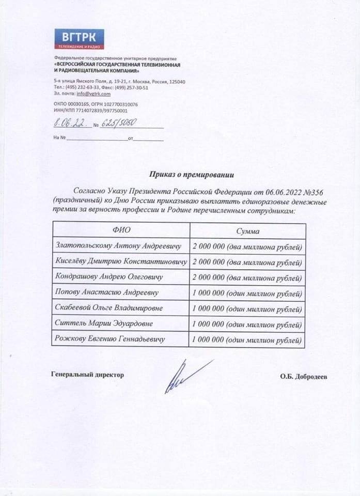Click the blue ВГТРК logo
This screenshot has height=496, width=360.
pyautogui.click(x=79, y=39)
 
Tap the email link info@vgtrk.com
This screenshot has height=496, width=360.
pyautogui.click(x=93, y=94)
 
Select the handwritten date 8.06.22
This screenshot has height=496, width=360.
pyautogui.click(x=70, y=124)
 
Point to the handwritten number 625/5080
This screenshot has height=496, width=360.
pyautogui.click(x=119, y=125)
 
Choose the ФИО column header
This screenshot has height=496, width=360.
pyautogui.click(x=121, y=231)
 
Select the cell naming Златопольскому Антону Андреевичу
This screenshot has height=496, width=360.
pyautogui.click(x=118, y=246)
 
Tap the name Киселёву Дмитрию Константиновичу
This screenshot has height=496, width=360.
pyautogui.click(x=121, y=261)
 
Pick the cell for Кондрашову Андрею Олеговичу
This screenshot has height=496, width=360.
pyautogui.click(x=108, y=277)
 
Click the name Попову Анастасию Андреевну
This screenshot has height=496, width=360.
pyautogui.click(x=106, y=292)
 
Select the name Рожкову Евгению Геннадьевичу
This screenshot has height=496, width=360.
pyautogui.click(x=109, y=339)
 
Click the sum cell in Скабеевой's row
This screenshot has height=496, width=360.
pyautogui.click(x=246, y=308)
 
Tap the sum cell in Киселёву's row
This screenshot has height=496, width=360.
pyautogui.click(x=246, y=262)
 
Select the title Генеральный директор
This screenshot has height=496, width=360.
pyautogui.click(x=87, y=375)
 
